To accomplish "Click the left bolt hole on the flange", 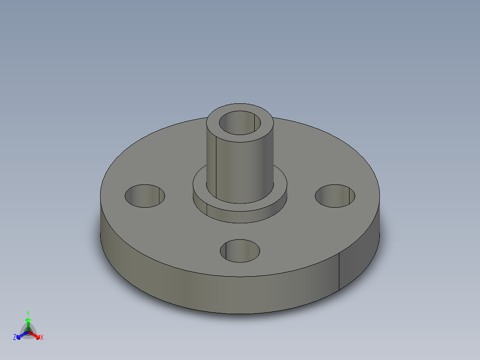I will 145,196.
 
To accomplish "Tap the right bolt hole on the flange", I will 335,196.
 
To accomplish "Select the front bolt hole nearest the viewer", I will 240,251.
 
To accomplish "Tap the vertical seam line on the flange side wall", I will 339,272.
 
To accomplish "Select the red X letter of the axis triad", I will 41,338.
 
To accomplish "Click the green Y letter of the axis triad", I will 28,313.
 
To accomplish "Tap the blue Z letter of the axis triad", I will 15,338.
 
